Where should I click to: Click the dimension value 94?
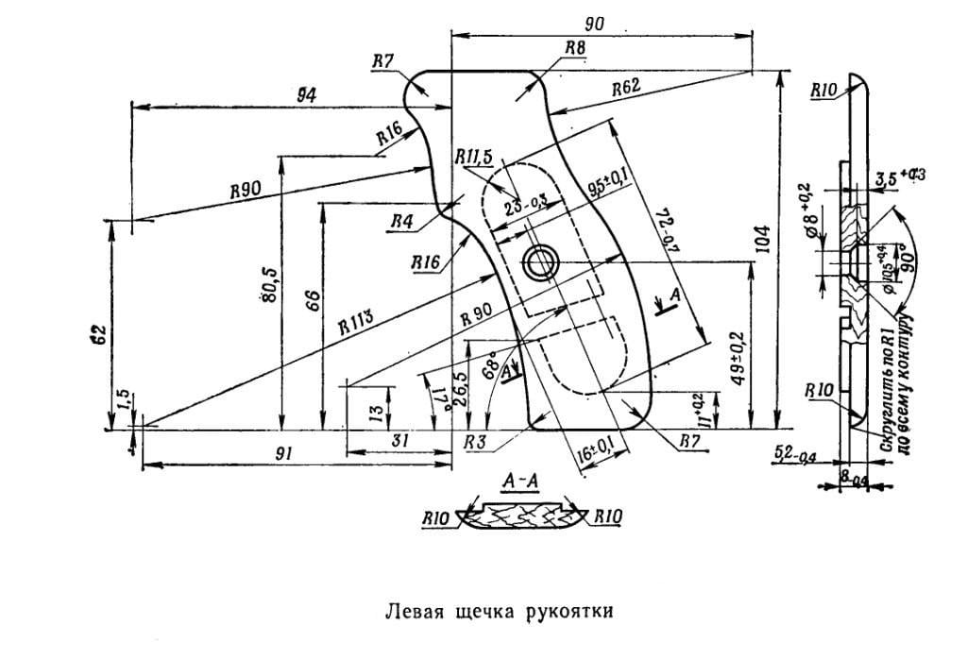tap(305, 93)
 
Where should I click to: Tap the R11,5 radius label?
tap(474, 157)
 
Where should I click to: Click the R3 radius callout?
tap(477, 442)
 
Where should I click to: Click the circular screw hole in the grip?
tap(541, 263)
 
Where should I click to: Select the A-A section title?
tap(520, 482)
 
